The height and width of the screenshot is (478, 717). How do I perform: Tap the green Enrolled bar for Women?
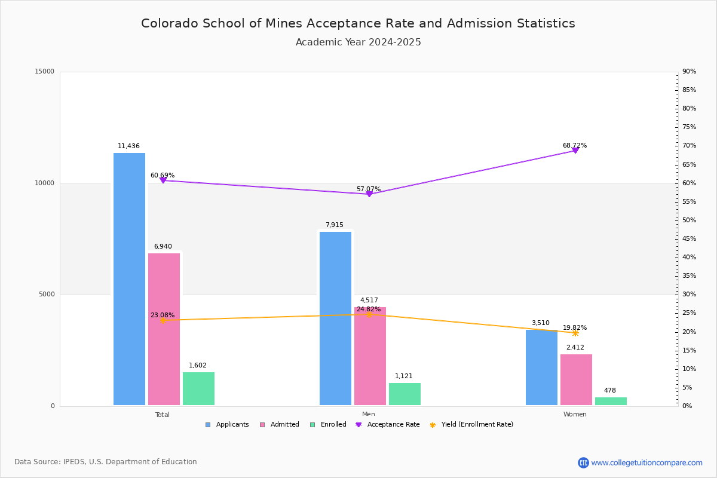point(611,402)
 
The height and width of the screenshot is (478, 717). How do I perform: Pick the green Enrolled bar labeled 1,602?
point(198,389)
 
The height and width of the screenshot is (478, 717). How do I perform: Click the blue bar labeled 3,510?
point(541,367)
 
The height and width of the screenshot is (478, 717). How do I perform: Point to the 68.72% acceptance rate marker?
point(575,151)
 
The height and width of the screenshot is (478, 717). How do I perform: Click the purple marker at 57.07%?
point(369,194)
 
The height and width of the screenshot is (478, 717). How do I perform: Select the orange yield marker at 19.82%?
point(575,333)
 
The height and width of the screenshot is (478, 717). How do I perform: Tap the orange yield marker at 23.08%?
point(163,320)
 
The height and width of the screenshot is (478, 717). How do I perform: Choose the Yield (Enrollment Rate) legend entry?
point(471,425)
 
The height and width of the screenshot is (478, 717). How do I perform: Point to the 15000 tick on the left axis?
point(45,72)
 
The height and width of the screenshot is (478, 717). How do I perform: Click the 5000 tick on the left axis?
point(47,295)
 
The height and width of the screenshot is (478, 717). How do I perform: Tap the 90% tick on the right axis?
point(689,72)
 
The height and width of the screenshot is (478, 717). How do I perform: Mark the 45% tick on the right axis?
point(689,239)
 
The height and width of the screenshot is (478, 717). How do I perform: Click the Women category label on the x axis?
point(575,415)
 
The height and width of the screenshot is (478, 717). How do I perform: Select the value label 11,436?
point(128,146)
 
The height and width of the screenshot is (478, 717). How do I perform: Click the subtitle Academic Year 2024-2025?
point(358,42)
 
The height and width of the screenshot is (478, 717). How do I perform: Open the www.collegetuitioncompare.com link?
point(646,462)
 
